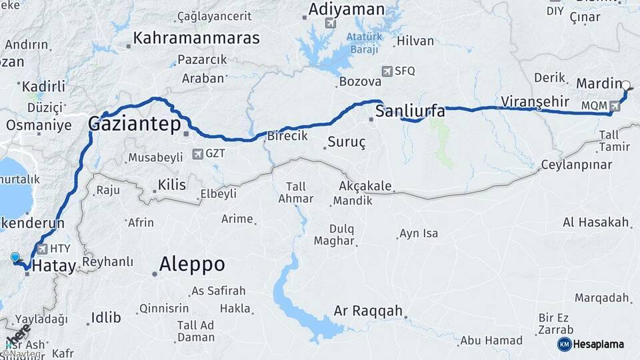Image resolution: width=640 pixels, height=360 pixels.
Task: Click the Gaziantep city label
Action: (135, 125)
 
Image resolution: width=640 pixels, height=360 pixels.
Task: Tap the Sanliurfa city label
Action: (409, 111)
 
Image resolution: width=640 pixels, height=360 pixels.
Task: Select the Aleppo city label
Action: (191, 265)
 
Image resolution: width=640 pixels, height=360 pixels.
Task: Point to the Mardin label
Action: (598, 85)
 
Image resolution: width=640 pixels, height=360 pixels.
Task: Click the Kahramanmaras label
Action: (196, 38)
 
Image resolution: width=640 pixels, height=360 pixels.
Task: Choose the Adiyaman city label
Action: (346, 10)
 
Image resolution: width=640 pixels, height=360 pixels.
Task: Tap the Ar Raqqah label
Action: (368, 311)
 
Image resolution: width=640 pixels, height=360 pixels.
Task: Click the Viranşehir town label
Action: (535, 101)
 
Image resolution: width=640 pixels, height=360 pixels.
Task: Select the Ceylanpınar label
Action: (577, 164)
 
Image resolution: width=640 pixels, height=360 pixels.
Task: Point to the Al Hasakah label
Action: (596, 223)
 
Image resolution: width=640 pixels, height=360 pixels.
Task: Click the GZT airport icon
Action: (197, 154)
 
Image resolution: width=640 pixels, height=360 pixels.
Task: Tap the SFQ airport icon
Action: (387, 71)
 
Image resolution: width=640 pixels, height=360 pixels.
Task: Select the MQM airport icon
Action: (615, 105)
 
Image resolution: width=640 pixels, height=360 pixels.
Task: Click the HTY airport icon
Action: (43, 249)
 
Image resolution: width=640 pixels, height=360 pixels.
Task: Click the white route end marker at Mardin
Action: (625, 85)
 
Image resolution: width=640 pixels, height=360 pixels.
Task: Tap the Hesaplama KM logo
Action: (564, 344)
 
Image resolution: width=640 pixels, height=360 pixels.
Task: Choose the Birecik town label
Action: (287, 135)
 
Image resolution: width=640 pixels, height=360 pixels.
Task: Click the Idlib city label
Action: (106, 317)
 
